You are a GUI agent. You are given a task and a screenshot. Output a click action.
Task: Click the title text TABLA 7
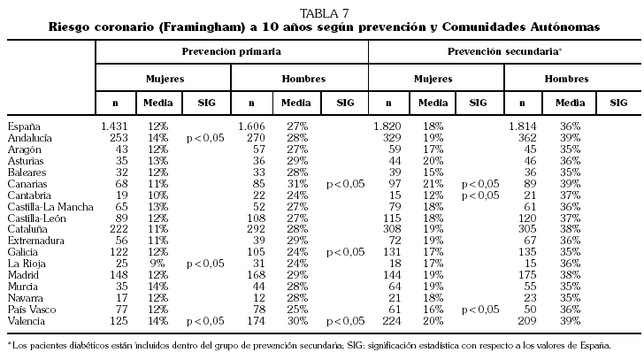(x=323, y=11)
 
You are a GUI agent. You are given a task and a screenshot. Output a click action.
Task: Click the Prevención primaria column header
(x=232, y=53)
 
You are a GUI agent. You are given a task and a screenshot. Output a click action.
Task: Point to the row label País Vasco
(x=31, y=310)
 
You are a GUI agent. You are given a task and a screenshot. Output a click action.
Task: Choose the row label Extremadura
(x=34, y=241)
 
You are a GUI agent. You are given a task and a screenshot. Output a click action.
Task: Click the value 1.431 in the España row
(x=115, y=127)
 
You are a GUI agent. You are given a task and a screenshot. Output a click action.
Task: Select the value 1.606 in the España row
(x=251, y=127)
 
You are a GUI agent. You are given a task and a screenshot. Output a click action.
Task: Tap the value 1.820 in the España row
(x=387, y=127)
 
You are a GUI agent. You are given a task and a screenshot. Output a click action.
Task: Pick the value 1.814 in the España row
(x=523, y=127)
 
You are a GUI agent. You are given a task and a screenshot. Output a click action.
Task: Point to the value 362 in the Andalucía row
(x=525, y=139)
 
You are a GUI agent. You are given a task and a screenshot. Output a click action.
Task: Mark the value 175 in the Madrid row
(x=525, y=276)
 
